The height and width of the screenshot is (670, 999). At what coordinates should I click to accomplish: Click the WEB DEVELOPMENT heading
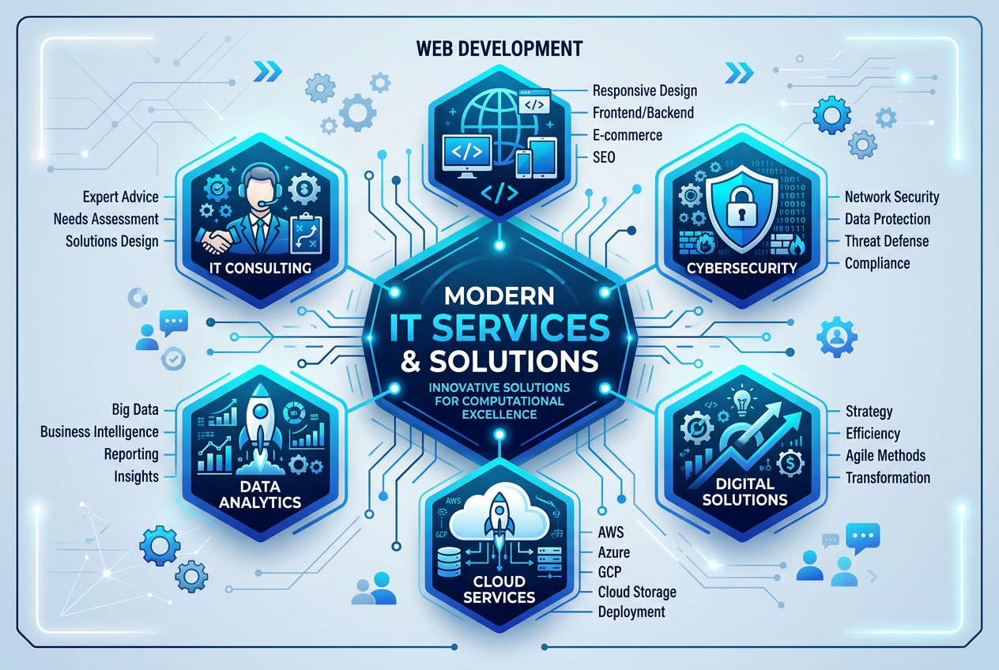499,48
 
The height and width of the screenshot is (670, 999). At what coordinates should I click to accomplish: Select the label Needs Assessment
106,219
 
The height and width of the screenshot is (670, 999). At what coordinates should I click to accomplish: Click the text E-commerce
627,135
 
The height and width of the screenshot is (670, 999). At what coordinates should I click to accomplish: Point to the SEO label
604,157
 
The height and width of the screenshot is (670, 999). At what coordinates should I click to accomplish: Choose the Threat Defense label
887,241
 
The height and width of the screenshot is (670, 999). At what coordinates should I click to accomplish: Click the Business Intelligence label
99,431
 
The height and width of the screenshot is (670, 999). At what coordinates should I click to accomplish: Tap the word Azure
613,552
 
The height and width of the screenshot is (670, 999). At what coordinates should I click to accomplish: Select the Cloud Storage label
637,592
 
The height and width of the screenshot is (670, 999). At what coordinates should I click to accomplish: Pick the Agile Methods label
885,455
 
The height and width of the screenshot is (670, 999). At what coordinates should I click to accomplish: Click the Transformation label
888,477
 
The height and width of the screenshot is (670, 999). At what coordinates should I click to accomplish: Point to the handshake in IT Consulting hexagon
217,241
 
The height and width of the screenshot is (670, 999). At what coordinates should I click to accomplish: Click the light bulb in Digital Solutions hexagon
741,400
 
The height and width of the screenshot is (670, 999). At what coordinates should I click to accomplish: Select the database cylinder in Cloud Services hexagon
449,562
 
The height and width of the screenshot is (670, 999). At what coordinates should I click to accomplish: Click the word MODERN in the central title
499,295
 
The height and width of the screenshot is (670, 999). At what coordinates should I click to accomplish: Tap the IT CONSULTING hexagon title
261,268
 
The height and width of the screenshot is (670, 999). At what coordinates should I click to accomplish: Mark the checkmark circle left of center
173,359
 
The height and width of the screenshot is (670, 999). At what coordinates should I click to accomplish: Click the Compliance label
877,263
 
